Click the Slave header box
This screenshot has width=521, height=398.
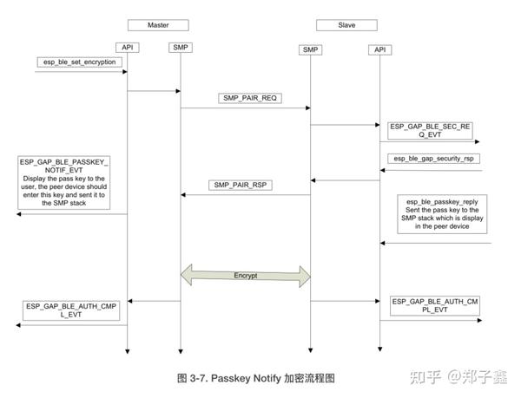pos(341,23)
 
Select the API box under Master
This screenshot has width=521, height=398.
pos(127,47)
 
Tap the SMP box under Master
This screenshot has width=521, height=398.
pos(181,47)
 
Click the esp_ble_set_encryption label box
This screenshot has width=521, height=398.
pos(80,63)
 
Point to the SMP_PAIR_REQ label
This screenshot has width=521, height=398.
pos(248,99)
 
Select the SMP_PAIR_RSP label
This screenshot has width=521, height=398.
pos(240,186)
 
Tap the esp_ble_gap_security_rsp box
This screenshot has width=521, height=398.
pos(437,160)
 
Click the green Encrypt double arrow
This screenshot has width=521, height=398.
pos(245,275)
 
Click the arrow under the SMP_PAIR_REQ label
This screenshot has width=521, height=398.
pos(245,108)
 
